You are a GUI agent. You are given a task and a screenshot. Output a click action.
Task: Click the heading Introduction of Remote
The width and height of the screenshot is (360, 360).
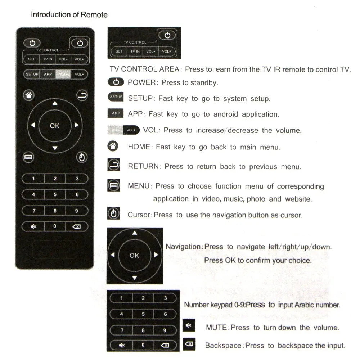pyautogui.click(x=69, y=15)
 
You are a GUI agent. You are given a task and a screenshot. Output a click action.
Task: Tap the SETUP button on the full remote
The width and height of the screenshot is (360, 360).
pyautogui.click(x=32, y=75)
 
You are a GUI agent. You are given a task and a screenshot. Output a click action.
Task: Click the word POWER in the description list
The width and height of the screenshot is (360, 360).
pyautogui.click(x=141, y=82)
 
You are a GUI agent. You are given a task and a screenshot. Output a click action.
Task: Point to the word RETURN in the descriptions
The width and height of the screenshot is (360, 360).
pyautogui.click(x=143, y=166)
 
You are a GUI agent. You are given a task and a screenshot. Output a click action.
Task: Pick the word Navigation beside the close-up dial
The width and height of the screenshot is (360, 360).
pyautogui.click(x=183, y=247)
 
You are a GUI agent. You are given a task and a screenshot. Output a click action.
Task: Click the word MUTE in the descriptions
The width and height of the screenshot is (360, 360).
pyautogui.click(x=217, y=328)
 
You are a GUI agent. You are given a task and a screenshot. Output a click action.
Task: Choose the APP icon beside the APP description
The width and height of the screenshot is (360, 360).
pyautogui.click(x=116, y=113)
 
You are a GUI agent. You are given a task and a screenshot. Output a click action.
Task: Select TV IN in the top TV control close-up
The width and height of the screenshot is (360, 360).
pyautogui.click(x=135, y=51)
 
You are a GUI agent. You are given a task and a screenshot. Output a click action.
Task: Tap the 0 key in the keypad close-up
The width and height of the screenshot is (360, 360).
pyautogui.click(x=143, y=345)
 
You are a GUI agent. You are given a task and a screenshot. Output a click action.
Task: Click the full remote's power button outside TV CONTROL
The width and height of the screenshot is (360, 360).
pyautogui.click(x=32, y=43)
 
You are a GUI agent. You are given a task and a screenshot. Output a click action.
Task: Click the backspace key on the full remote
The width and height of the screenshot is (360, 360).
pyautogui.click(x=76, y=226)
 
